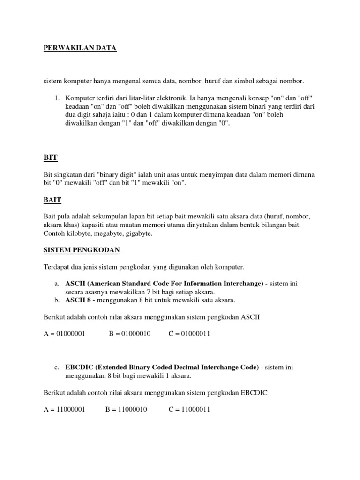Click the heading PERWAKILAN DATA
tap(80, 48)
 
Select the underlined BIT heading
tap(50, 157)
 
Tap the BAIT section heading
tap(52, 200)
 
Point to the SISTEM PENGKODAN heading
tap(82, 250)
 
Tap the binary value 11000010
tap(132, 409)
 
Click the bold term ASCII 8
tap(76, 300)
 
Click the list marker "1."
tap(57, 97)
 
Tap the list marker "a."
tap(57, 284)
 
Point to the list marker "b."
tap(57, 300)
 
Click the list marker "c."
tap(57, 367)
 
